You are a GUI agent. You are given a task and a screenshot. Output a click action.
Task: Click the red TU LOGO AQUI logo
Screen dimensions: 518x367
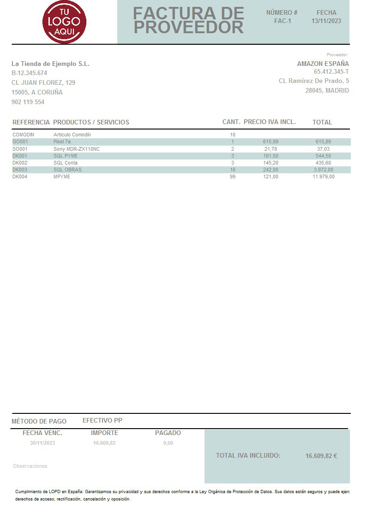point(64,22)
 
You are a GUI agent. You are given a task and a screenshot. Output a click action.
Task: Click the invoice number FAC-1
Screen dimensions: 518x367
point(283,21)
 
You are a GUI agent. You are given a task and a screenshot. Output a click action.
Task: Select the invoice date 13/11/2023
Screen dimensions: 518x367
point(326,21)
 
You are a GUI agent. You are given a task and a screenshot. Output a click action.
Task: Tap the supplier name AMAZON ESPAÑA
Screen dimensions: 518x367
point(323,64)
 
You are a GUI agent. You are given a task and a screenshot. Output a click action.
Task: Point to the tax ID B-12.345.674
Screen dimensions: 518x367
point(30,73)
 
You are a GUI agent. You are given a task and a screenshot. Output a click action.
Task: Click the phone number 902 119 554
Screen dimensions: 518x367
point(28,102)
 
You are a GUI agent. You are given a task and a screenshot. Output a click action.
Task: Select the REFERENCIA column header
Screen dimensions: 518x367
point(31,122)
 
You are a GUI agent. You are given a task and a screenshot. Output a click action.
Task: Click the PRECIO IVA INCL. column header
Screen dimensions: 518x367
point(270,122)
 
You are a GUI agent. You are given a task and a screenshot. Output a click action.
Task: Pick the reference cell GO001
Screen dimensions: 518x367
point(20,141)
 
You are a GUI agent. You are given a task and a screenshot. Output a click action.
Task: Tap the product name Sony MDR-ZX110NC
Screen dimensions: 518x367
point(77,149)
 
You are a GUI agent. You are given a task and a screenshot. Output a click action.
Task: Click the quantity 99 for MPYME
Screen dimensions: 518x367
point(233,177)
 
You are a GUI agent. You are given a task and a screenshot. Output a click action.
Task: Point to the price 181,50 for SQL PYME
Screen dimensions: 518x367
point(271,156)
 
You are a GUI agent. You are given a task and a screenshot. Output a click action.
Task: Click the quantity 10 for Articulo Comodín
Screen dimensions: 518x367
point(233,135)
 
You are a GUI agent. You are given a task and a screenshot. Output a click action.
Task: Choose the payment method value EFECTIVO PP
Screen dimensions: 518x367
point(102,420)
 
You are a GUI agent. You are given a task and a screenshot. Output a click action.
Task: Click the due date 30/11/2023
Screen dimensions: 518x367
point(42,443)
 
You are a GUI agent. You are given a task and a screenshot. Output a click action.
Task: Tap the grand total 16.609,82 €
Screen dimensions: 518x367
point(321,456)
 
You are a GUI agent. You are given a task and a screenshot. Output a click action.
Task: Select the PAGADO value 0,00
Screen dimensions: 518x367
point(168,443)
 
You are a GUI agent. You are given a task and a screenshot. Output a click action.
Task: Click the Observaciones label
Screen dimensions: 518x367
point(30,466)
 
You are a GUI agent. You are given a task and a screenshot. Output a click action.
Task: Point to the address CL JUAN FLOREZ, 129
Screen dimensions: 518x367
point(43,82)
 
